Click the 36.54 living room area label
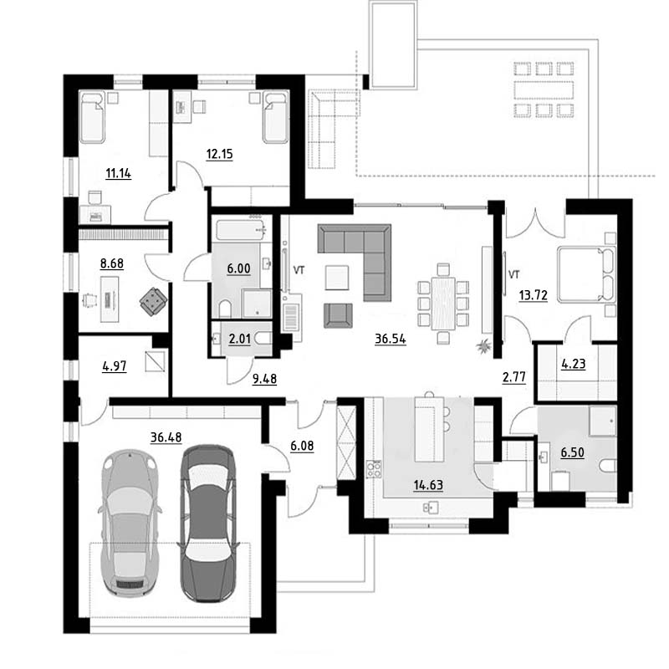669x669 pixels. click(x=390, y=339)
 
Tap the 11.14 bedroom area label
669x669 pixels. click(x=118, y=173)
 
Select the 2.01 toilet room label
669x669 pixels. click(x=239, y=340)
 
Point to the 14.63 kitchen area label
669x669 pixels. click(x=428, y=485)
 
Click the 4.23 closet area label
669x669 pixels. click(x=573, y=364)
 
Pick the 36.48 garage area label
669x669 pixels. click(x=166, y=437)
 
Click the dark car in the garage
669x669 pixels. click(x=207, y=524)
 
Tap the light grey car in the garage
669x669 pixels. click(x=130, y=523)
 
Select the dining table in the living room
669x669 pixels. click(x=443, y=304)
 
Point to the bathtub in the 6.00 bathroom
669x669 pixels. click(x=242, y=229)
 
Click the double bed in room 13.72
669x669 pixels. click(x=586, y=274)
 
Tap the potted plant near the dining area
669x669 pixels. click(x=484, y=345)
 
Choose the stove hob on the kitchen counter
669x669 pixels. click(x=374, y=469)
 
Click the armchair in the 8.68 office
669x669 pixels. click(x=153, y=302)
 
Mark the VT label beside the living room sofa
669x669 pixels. click(x=299, y=269)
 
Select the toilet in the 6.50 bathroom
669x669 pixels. click(x=608, y=466)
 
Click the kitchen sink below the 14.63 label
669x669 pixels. click(x=430, y=508)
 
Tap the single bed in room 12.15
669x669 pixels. click(x=276, y=117)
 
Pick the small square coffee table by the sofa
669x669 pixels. click(x=337, y=278)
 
